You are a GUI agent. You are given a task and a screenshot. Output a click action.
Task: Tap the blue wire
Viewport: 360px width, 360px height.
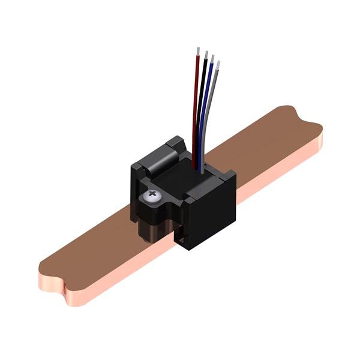point(206,108)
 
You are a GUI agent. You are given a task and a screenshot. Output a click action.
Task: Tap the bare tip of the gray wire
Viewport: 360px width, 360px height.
point(218,64)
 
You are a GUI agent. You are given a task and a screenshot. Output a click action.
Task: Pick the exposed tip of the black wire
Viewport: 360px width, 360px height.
point(206,55)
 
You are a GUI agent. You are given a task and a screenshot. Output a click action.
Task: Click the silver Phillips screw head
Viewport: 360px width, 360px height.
point(153,197)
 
